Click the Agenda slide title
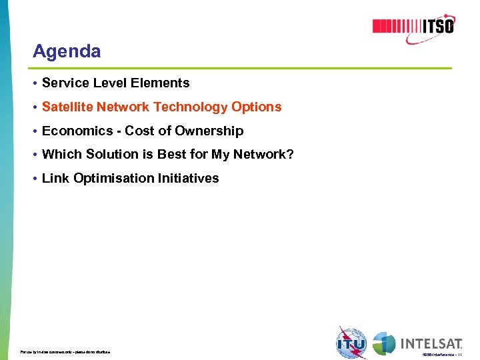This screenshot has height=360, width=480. click(x=67, y=51)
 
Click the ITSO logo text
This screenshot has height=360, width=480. click(x=438, y=27)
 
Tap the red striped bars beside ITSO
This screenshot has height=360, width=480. click(x=396, y=27)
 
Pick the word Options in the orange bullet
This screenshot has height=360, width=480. click(x=257, y=107)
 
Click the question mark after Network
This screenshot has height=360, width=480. click(x=290, y=155)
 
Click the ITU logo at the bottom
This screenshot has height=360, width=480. click(x=351, y=343)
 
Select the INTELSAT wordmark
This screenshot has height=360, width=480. click(x=431, y=344)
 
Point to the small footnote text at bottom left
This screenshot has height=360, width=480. click(x=65, y=351)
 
